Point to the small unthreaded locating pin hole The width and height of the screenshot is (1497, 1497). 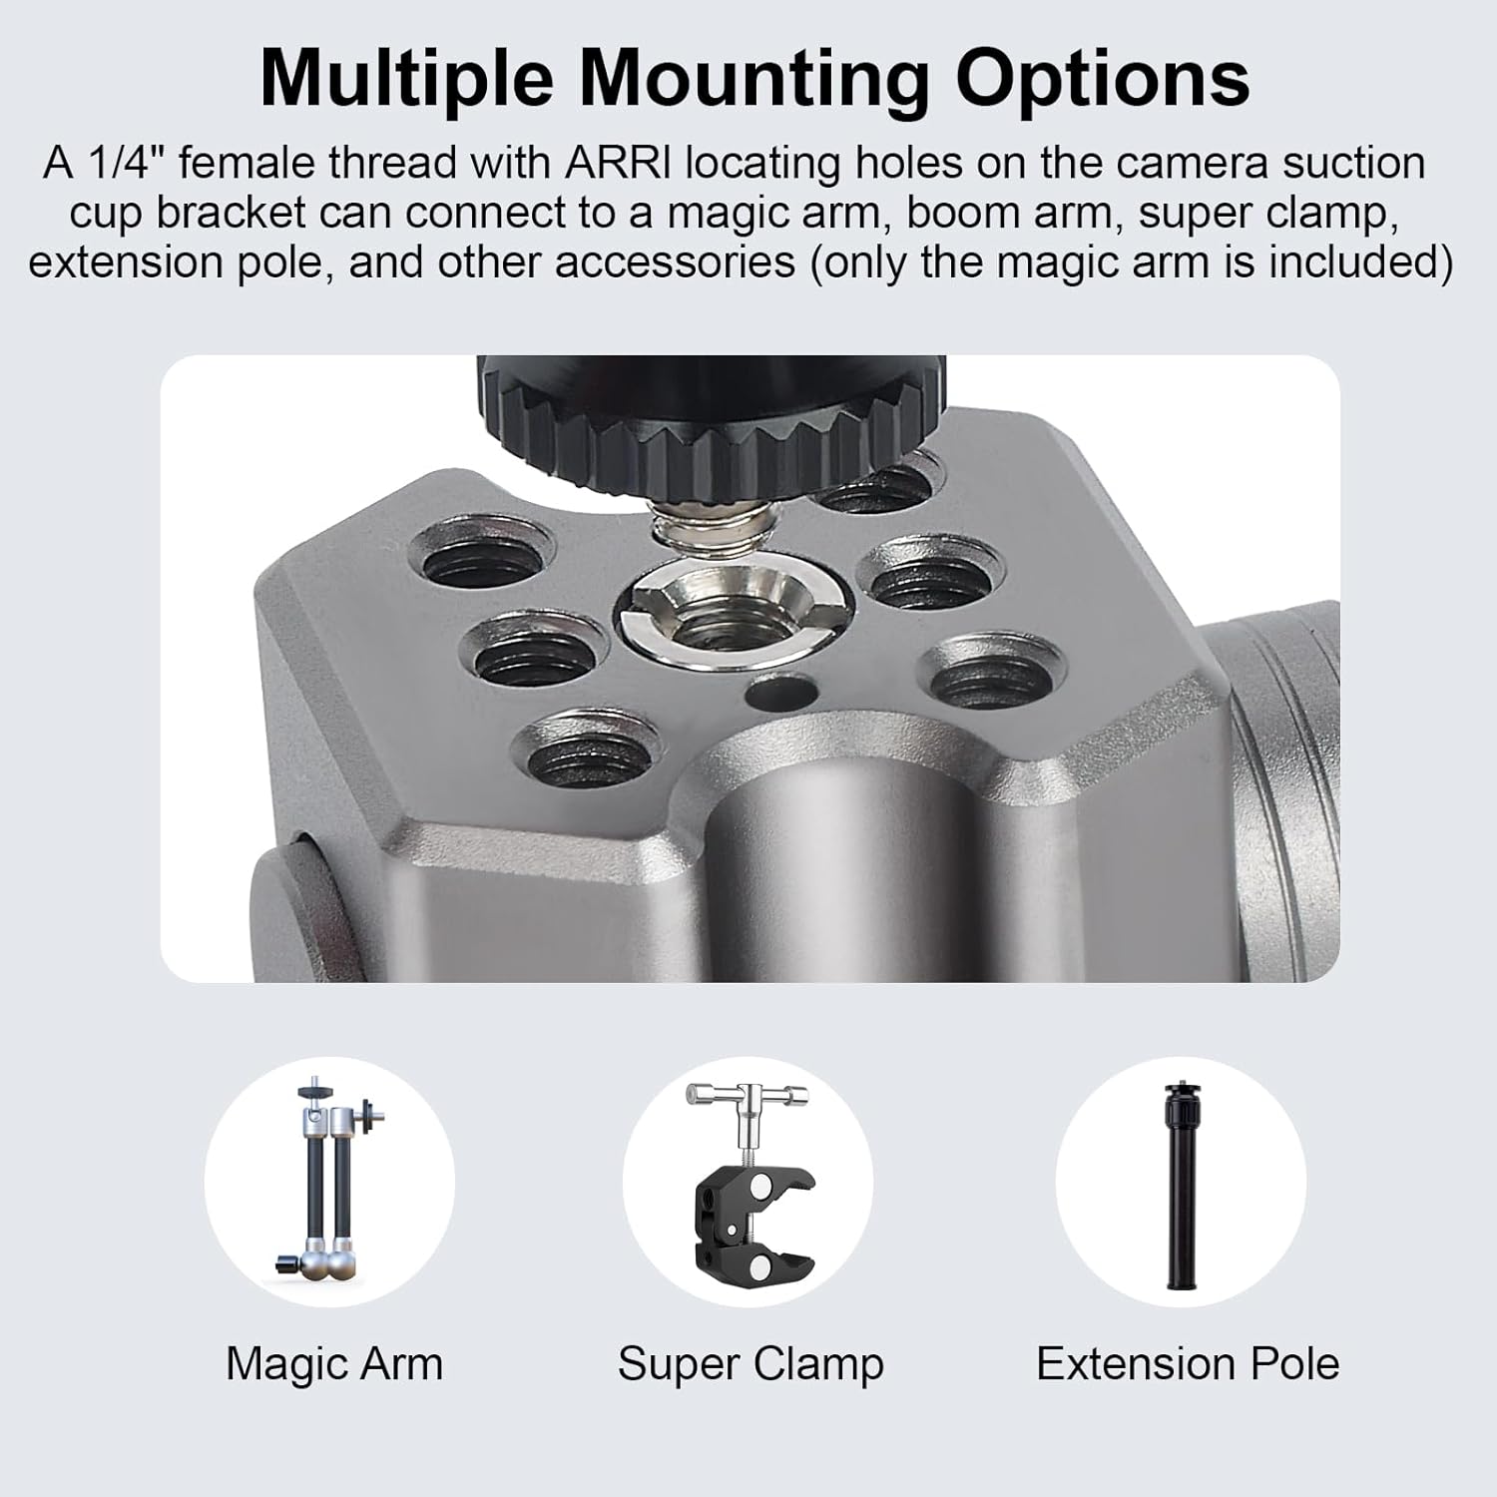point(780,691)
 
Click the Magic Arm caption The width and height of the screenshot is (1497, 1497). point(334,1363)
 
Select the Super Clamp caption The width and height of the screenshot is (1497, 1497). point(750,1363)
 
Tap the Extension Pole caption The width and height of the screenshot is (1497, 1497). point(1188,1363)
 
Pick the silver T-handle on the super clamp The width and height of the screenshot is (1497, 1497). point(748,1096)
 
